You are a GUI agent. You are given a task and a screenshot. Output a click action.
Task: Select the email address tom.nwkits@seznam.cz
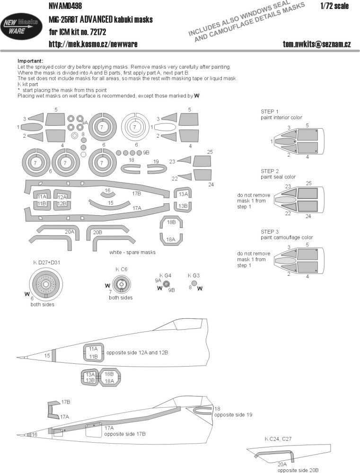pos(316,44)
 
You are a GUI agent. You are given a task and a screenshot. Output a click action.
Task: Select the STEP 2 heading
pos(270,171)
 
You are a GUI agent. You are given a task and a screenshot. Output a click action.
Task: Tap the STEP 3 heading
pos(270,231)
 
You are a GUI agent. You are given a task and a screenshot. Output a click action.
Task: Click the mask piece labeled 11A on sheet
pos(42,197)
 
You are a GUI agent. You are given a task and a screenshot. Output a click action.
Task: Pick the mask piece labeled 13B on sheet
pos(183,206)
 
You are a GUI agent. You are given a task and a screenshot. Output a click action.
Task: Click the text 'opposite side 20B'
pos(297,469)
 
